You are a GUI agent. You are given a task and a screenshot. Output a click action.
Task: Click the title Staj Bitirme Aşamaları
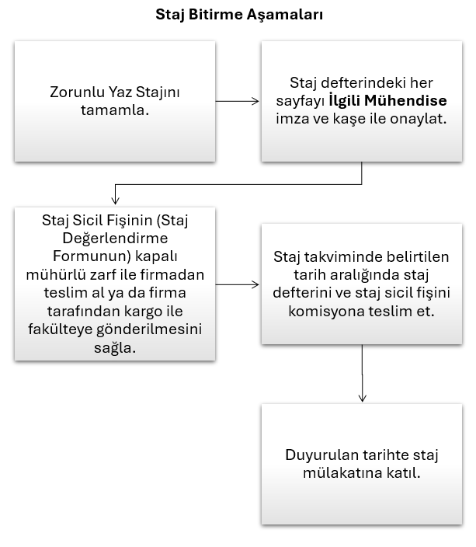point(238,14)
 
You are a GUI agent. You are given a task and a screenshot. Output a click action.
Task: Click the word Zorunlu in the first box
point(73,92)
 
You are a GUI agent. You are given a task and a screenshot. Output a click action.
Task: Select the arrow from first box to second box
point(238,100)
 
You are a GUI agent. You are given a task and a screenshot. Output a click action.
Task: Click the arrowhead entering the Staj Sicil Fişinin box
point(116,200)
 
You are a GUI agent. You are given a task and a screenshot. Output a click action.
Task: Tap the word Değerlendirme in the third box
point(115,238)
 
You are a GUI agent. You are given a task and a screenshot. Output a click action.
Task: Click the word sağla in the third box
point(115,346)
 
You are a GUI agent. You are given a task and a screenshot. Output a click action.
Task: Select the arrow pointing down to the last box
point(363,373)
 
